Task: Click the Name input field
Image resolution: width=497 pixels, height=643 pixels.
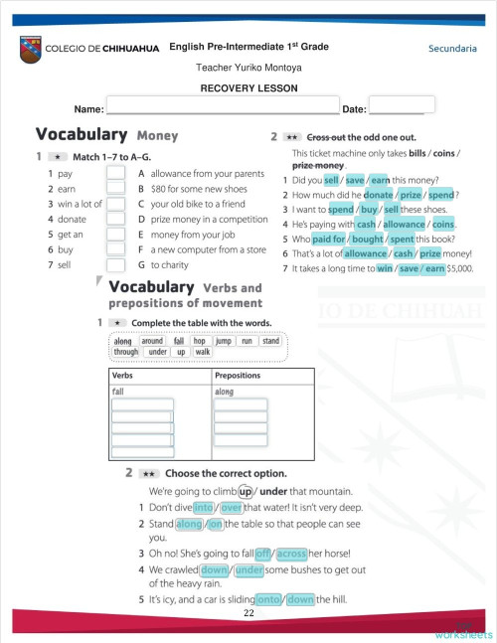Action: (x=223, y=107)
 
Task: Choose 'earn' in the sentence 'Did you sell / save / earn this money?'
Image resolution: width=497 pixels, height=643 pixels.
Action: (x=379, y=180)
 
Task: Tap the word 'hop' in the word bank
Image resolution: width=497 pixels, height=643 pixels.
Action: (x=198, y=341)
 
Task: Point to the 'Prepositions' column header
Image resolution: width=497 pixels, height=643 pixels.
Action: (x=239, y=377)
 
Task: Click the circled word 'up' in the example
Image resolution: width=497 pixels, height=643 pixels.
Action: (x=245, y=491)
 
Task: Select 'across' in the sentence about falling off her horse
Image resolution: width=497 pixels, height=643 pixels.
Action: (x=291, y=553)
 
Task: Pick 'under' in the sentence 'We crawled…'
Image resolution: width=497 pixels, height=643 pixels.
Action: (x=249, y=569)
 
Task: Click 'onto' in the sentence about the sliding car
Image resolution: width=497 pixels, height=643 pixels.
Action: (x=268, y=599)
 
